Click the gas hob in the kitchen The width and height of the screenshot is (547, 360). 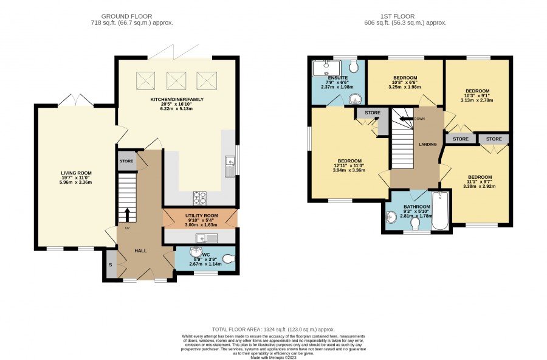click(x=200, y=198)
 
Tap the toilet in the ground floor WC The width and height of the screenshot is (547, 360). click(x=229, y=258)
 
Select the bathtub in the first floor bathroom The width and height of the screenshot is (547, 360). click(x=440, y=210)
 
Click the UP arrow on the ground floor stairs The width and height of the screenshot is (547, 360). click(x=127, y=215)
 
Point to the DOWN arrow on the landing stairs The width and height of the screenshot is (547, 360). click(x=406, y=119)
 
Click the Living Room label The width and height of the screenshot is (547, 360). click(x=77, y=173)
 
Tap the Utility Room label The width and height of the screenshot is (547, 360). click(x=202, y=215)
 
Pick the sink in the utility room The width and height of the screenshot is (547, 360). click(x=207, y=238)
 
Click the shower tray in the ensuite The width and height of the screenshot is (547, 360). click(x=325, y=68)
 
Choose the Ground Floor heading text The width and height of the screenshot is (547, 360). click(x=126, y=16)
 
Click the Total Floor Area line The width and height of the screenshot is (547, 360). click(x=273, y=329)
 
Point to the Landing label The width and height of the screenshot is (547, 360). click(x=428, y=144)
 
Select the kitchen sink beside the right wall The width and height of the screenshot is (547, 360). click(x=230, y=166)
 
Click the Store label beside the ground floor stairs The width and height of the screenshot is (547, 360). click(x=126, y=161)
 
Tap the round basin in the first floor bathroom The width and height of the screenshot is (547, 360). click(x=392, y=217)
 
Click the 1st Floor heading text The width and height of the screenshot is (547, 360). click(x=397, y=16)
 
